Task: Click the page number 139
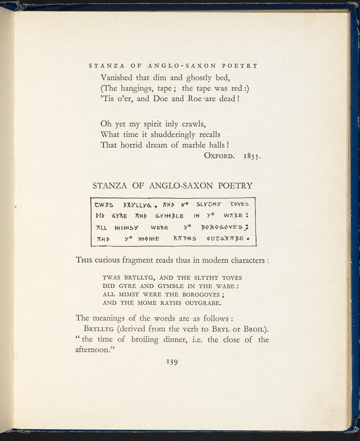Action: click(x=173, y=362)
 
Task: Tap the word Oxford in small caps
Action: click(x=219, y=156)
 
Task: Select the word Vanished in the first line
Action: click(x=119, y=77)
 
